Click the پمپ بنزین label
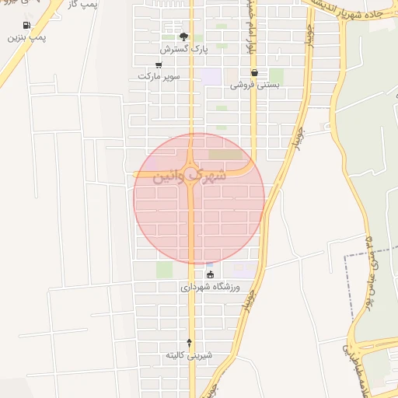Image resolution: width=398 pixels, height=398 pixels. [x=28, y=37]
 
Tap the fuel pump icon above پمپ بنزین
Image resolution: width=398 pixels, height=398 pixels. [x=28, y=25]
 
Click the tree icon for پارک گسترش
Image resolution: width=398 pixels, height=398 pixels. [x=184, y=36]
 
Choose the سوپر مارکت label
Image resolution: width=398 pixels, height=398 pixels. [x=159, y=76]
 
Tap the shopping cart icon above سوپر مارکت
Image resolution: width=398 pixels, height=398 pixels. [x=159, y=65]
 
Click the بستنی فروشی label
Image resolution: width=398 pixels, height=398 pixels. [x=254, y=85]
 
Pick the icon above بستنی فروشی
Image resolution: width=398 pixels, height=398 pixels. [x=254, y=73]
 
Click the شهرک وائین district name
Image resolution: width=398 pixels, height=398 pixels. [x=191, y=176]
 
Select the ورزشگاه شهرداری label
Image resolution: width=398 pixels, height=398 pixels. [x=211, y=286]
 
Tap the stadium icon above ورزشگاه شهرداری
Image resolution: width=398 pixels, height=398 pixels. [x=209, y=274]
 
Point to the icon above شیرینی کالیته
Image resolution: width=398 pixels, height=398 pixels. [x=190, y=343]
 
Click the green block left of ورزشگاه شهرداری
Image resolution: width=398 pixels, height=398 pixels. [x=164, y=270]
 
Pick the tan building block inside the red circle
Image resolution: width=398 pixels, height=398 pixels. [x=225, y=155]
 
